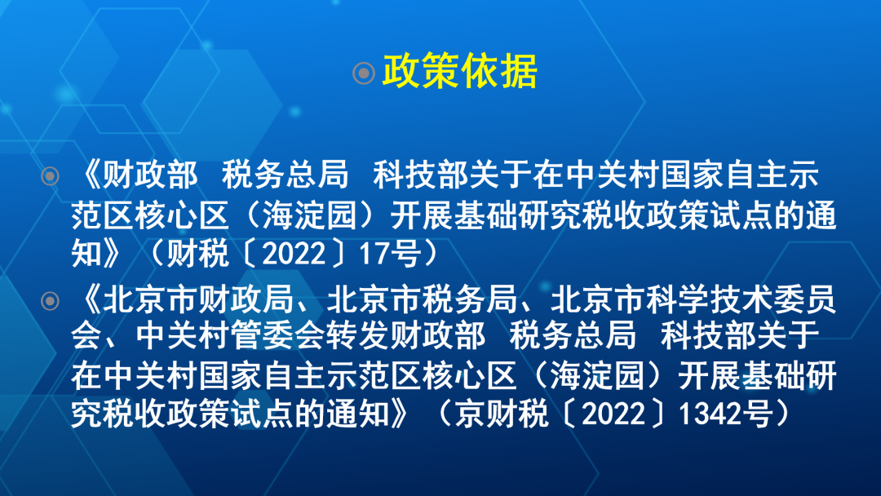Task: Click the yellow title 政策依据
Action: point(459,71)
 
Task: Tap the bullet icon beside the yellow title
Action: point(364,73)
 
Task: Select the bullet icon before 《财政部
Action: point(50,176)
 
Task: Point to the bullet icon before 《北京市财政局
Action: point(50,301)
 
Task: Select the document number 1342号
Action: point(726,414)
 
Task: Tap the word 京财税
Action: point(501,414)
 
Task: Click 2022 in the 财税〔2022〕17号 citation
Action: point(294,254)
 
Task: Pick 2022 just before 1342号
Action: point(613,414)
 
